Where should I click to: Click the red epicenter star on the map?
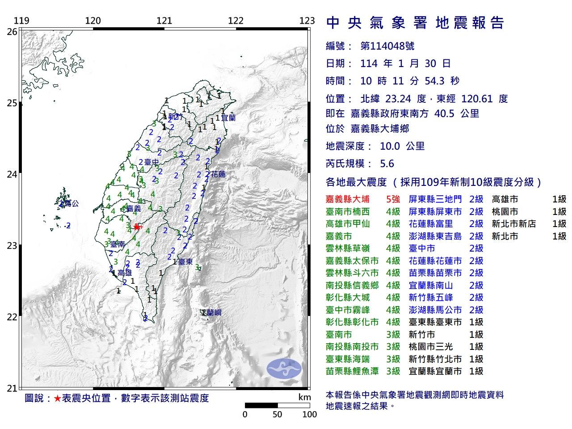(x=136, y=227)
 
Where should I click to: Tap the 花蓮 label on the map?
(x=218, y=174)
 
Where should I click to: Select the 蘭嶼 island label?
(x=214, y=313)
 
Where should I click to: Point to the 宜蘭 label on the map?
(x=228, y=118)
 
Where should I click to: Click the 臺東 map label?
(x=185, y=262)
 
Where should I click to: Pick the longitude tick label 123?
(x=307, y=21)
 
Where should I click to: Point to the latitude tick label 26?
(x=12, y=32)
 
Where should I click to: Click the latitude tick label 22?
(x=12, y=317)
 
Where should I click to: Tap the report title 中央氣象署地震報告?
(x=415, y=23)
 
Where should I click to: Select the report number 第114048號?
(x=387, y=46)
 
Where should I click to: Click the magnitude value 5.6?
(x=387, y=164)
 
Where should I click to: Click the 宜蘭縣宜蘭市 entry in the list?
(x=435, y=371)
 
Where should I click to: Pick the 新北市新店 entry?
(x=513, y=224)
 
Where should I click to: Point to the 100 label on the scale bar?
(x=309, y=414)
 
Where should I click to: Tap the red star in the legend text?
(x=57, y=398)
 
